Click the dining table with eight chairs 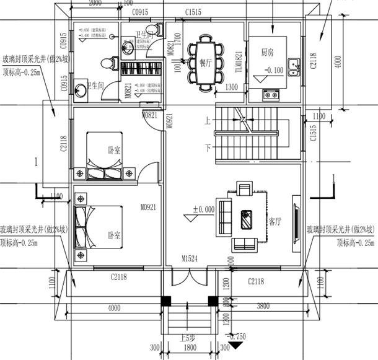(205, 59)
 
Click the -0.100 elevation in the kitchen (274, 70)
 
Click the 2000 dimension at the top (94, 4)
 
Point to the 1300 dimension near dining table (232, 87)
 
